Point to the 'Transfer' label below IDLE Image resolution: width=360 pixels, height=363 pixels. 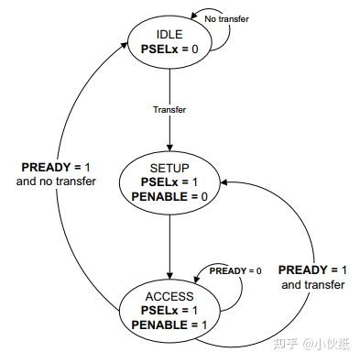point(169,110)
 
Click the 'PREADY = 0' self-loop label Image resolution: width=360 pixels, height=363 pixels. point(235,271)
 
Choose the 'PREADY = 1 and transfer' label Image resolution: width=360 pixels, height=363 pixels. point(312,277)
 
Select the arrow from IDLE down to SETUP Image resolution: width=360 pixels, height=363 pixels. point(169,128)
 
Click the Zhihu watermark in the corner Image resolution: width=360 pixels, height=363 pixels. point(320,346)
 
